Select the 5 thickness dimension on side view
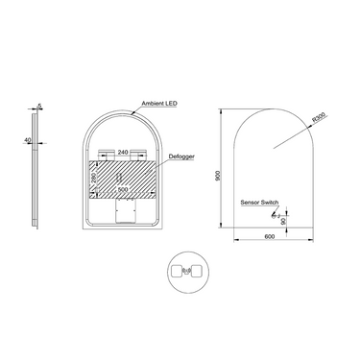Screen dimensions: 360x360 pyautogui.click(x=37, y=107)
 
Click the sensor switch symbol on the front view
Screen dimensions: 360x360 pyautogui.click(x=285, y=213)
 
